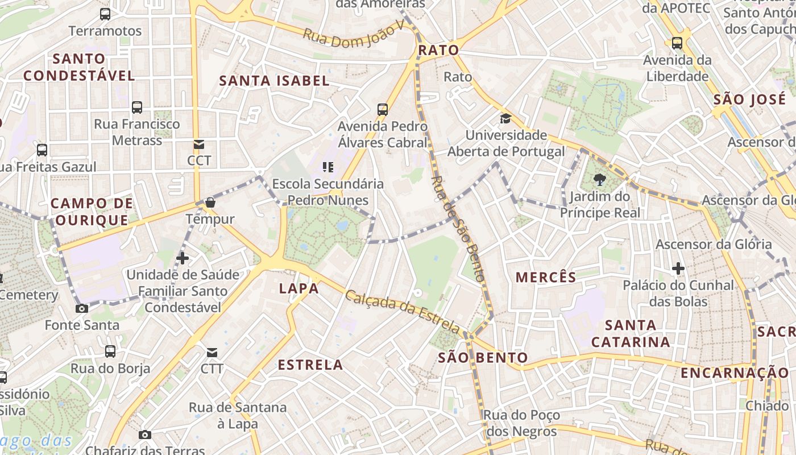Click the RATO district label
click(438, 50)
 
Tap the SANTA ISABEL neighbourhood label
click(275, 81)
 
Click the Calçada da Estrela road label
click(403, 312)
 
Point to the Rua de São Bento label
click(458, 229)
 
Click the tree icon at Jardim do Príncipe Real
click(599, 180)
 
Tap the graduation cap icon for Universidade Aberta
click(505, 119)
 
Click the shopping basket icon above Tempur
click(210, 202)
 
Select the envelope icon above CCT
click(198, 144)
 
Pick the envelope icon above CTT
click(212, 353)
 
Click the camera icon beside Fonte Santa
click(82, 308)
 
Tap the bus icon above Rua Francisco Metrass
click(137, 107)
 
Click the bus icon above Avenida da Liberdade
click(677, 43)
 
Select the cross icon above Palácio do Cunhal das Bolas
click(678, 268)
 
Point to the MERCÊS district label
click(546, 277)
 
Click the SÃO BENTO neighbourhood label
click(483, 358)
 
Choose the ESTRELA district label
click(310, 365)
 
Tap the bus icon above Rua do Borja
click(110, 351)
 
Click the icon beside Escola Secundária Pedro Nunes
click(327, 167)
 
